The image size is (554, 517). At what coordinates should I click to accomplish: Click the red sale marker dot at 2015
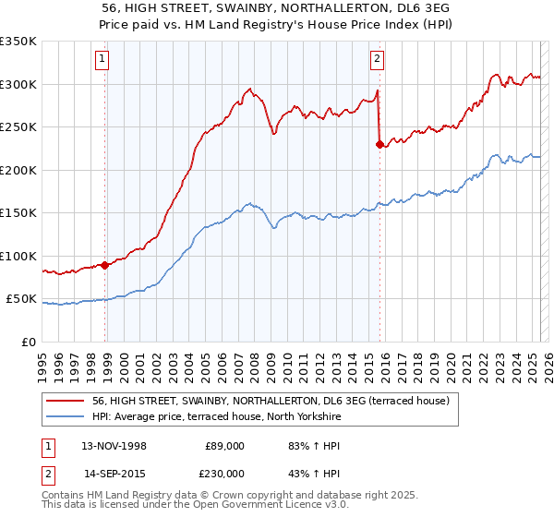click(379, 144)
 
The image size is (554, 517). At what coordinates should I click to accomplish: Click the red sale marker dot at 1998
click(105, 265)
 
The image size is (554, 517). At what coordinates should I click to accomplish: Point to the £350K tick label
click(18, 42)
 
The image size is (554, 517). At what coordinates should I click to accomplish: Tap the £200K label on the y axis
click(18, 170)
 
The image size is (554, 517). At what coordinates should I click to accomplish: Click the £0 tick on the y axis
click(28, 342)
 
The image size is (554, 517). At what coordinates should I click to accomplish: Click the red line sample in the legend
click(65, 401)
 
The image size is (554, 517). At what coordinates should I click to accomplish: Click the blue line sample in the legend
click(65, 417)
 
